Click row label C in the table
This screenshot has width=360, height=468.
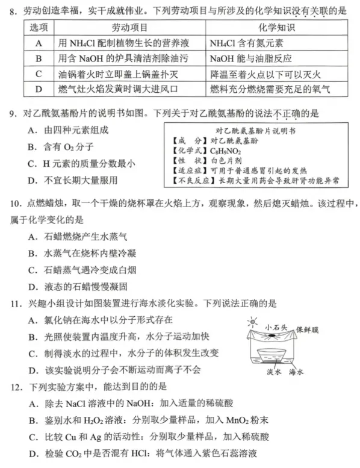pos(38,74)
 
